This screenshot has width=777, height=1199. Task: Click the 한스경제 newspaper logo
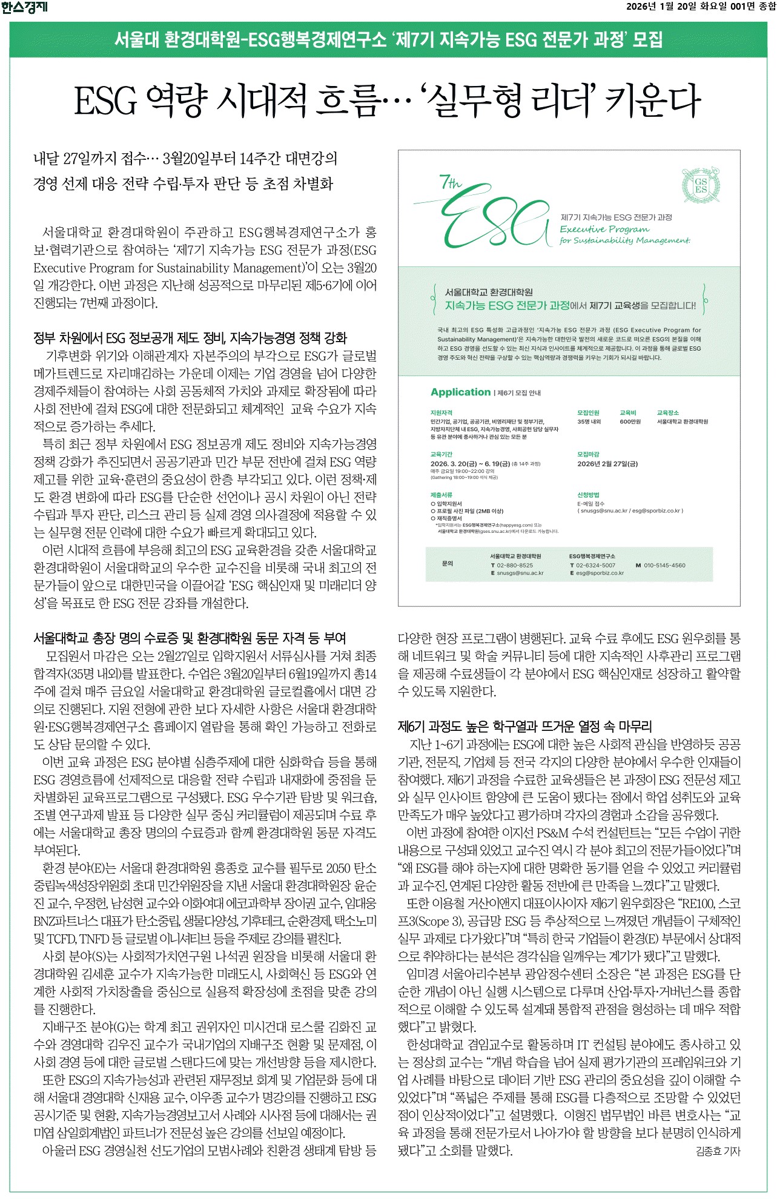24,7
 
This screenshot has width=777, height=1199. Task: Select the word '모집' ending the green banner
647,40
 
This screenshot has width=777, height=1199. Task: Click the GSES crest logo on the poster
701,185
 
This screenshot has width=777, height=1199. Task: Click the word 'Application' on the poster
460,392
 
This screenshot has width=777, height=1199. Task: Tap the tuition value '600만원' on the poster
630,421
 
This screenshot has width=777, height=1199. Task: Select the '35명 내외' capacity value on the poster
589,421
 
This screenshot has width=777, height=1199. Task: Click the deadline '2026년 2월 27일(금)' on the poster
607,464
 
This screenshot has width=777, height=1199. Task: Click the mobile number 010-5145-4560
664,565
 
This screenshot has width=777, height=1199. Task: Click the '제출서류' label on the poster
441,495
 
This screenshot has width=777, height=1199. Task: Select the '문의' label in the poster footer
448,563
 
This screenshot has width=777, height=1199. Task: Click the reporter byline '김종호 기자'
718,1151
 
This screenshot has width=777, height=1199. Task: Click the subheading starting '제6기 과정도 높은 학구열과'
524,726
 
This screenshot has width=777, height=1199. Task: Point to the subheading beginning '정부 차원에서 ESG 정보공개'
190,337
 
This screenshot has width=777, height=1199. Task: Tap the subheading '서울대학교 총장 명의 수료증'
190,638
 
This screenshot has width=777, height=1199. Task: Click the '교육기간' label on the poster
441,454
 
